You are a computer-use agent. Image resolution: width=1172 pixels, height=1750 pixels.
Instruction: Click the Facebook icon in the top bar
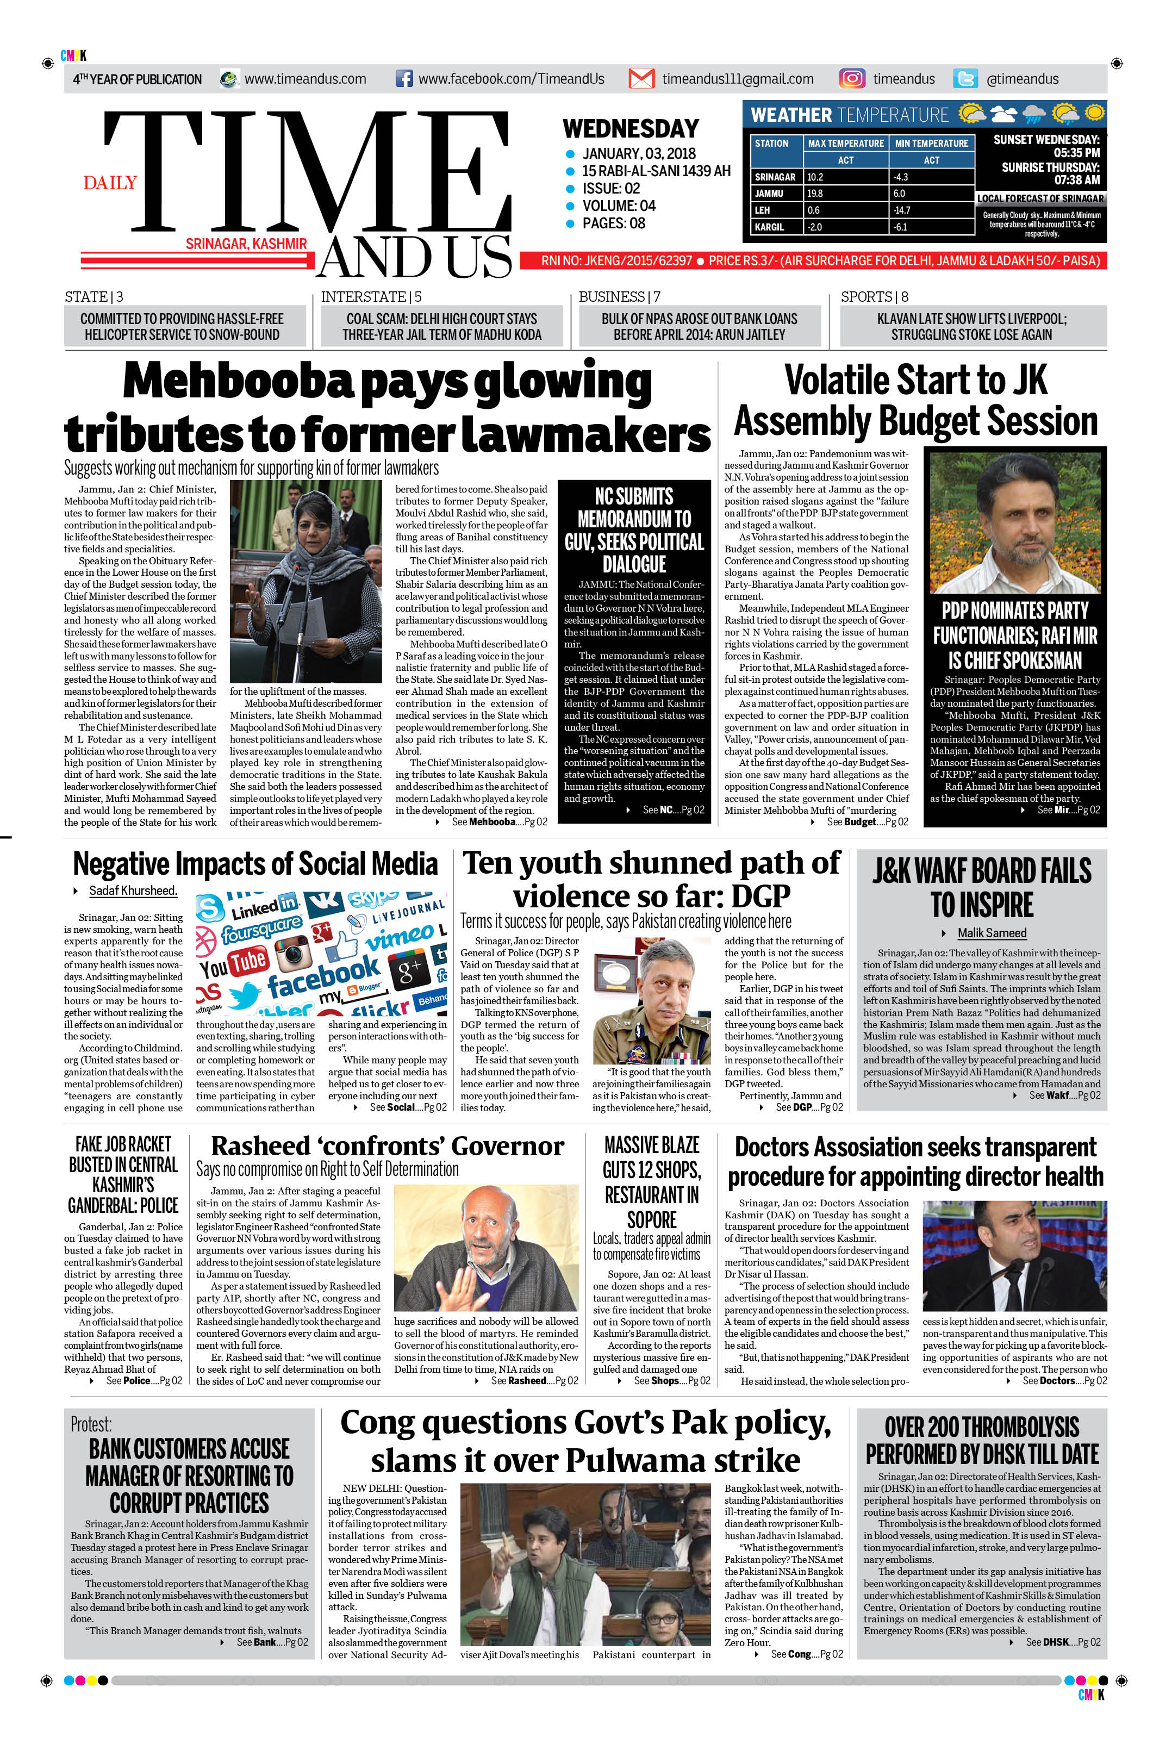(x=403, y=78)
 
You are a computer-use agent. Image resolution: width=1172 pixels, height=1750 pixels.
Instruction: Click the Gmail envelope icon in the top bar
(x=641, y=78)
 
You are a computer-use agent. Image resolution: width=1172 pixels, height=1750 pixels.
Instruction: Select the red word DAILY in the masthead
(x=110, y=183)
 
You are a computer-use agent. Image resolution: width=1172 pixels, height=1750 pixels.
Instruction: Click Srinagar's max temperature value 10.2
(x=815, y=177)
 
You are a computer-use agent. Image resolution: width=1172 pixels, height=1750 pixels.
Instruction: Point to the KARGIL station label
(x=769, y=227)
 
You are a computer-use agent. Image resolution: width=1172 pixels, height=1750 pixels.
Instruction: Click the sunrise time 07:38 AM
(x=1076, y=180)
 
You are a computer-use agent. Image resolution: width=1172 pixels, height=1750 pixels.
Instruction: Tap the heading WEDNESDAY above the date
(x=630, y=129)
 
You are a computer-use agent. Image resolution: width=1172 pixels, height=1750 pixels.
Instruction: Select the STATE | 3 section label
(x=94, y=297)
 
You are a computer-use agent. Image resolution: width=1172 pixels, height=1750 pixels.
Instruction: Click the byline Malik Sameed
(x=992, y=933)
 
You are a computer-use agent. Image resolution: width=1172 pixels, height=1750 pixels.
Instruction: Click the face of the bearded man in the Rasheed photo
(x=497, y=1228)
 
